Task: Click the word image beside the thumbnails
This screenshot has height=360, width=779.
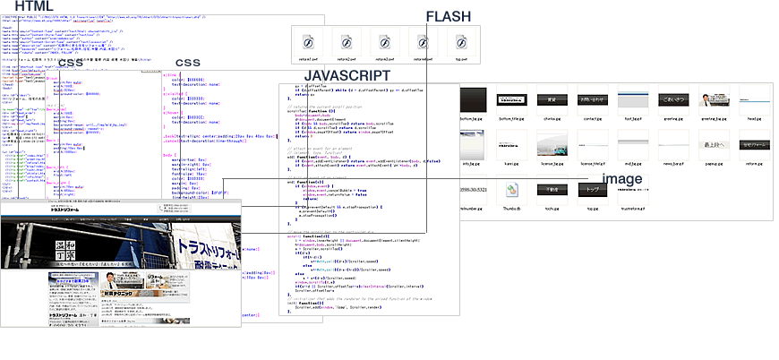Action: pyautogui.click(x=621, y=179)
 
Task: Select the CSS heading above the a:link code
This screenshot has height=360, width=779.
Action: pyautogui.click(x=187, y=62)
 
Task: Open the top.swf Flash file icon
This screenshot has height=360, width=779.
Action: pyautogui.click(x=463, y=42)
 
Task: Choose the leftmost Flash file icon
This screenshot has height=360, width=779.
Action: pyautogui.click(x=308, y=42)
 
